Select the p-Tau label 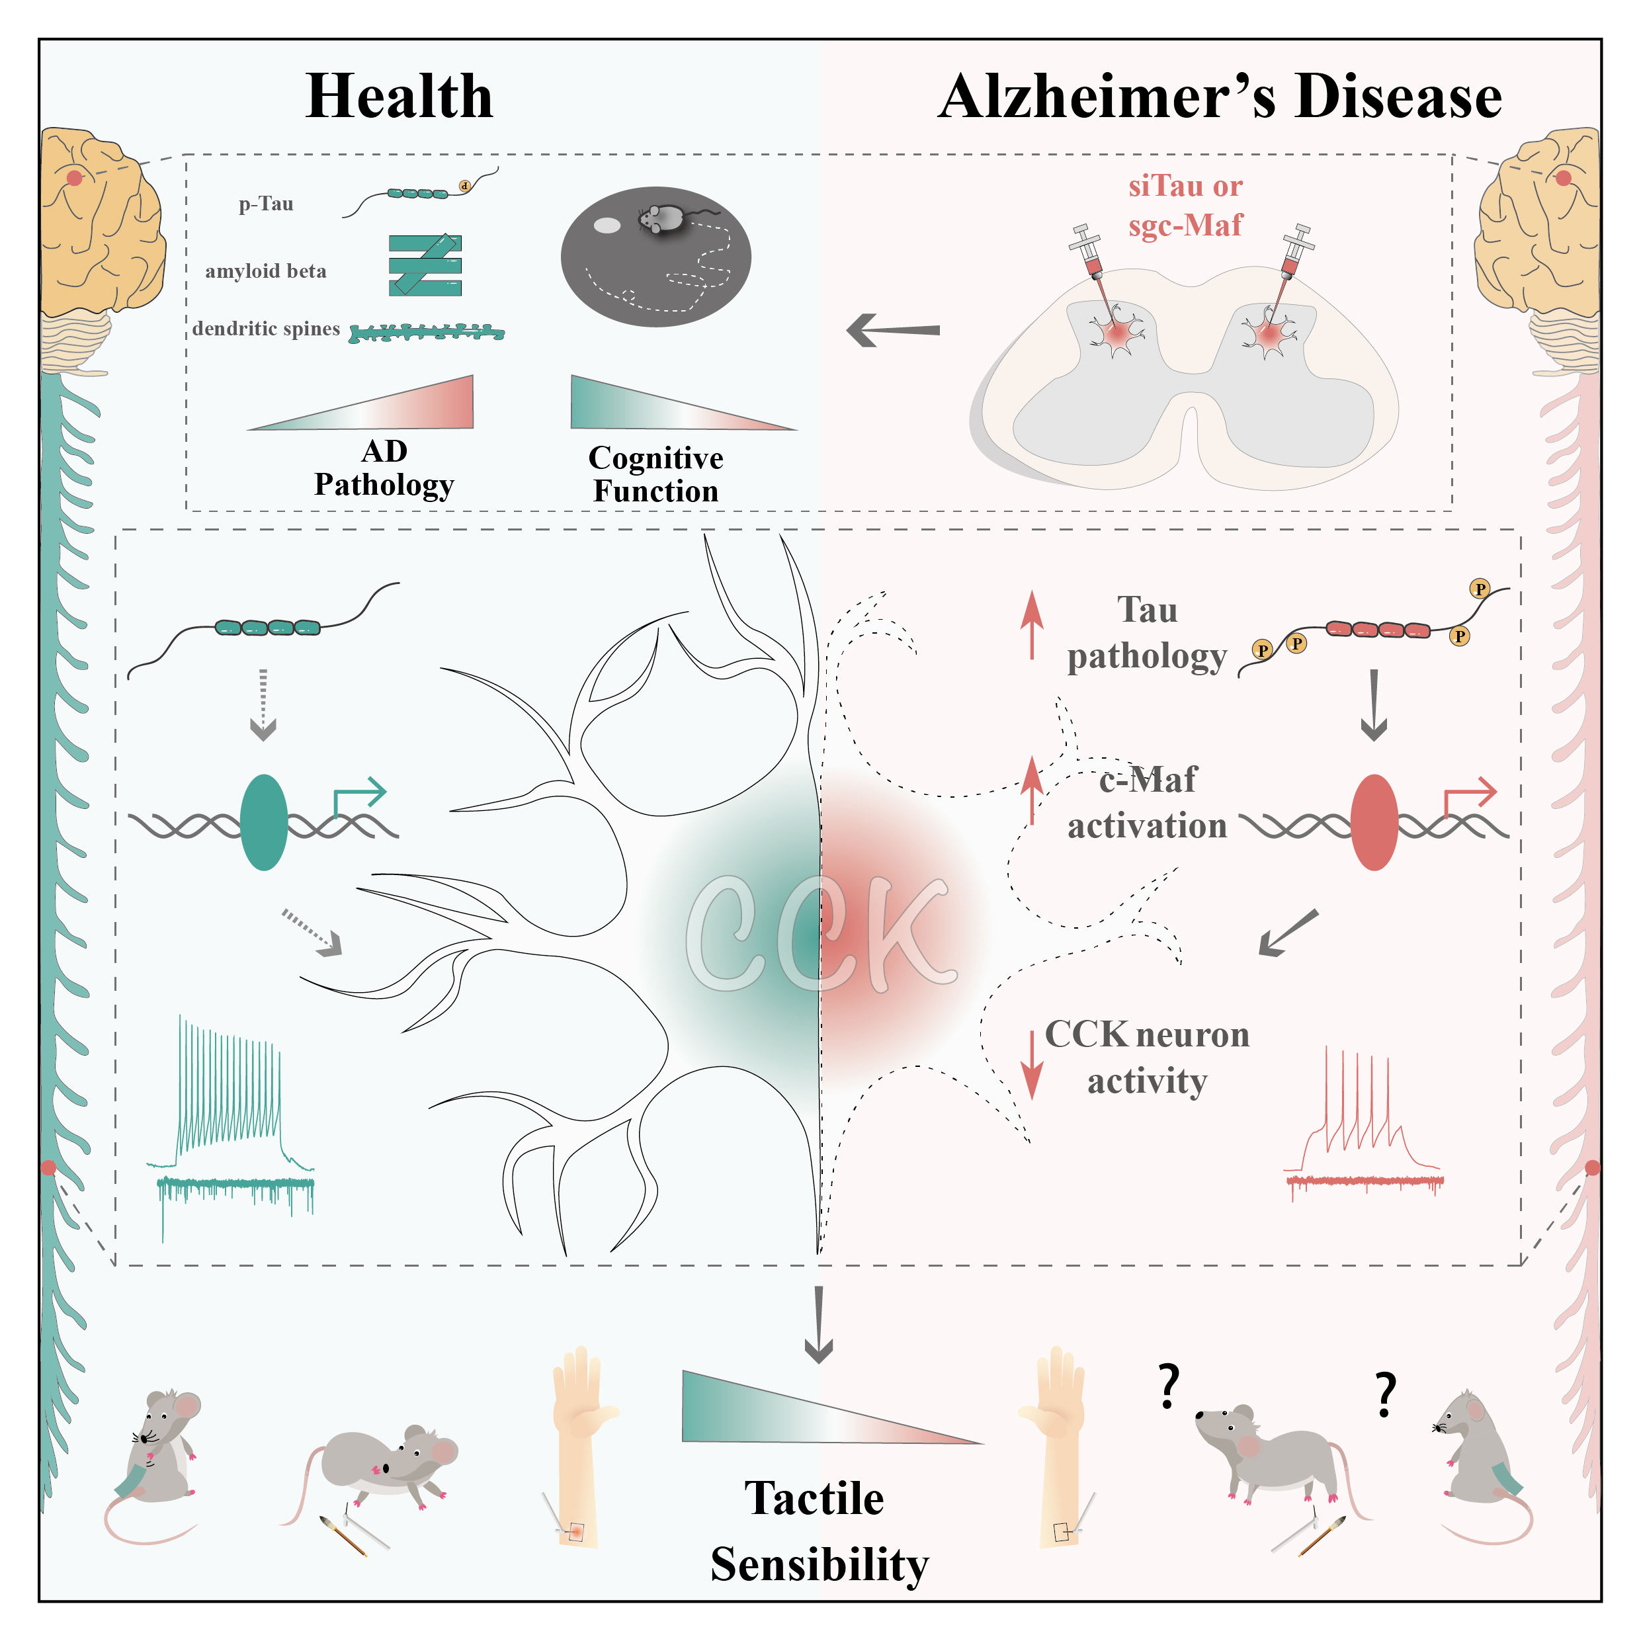pos(266,204)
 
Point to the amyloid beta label pos(266,271)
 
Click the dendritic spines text pos(266,329)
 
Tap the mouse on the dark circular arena pos(660,218)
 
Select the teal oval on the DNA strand pos(264,822)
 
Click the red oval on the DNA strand pos(1373,822)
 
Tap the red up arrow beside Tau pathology pos(1031,624)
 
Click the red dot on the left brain pos(75,177)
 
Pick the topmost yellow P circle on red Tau pos(1480,589)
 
